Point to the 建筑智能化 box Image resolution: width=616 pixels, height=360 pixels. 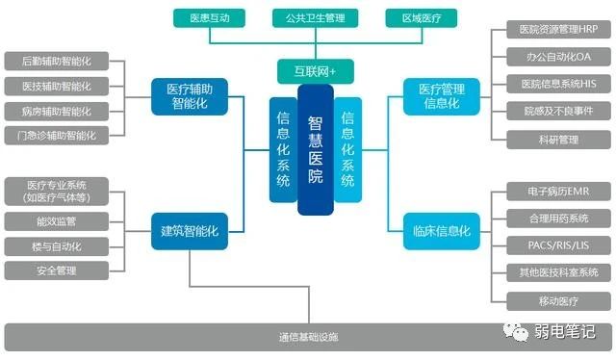pos(189,231)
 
